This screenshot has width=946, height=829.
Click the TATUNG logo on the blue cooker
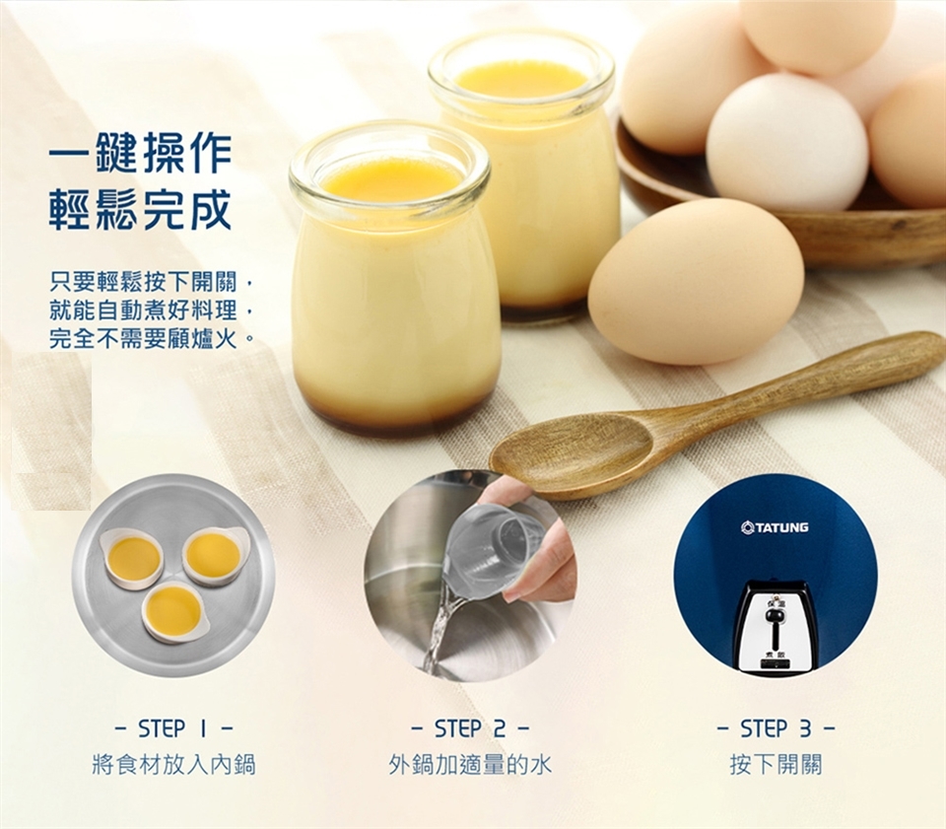click(x=775, y=527)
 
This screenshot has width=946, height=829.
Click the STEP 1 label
click(x=174, y=728)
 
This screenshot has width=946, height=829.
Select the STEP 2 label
click(x=470, y=728)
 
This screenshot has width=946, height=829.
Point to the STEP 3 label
click(x=776, y=728)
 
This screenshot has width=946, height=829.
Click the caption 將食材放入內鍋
click(x=173, y=765)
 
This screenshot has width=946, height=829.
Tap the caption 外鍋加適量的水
click(x=470, y=765)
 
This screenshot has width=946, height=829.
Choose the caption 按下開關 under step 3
click(x=776, y=765)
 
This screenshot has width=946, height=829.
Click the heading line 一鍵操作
click(x=140, y=155)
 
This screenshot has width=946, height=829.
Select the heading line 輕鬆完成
click(x=140, y=210)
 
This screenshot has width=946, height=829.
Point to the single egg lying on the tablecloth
click(x=697, y=282)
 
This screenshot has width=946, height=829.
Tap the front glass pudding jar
click(x=395, y=278)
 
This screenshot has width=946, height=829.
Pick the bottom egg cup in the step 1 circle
click(x=175, y=613)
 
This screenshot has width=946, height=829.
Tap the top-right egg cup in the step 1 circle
click(x=215, y=556)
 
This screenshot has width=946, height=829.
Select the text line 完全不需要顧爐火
click(x=151, y=338)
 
